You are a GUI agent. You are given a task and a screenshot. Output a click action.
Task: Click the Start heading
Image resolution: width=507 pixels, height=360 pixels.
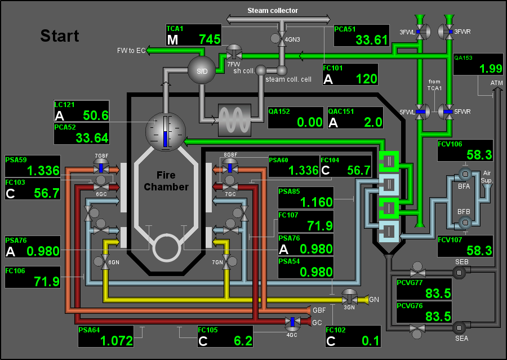pos(60,35)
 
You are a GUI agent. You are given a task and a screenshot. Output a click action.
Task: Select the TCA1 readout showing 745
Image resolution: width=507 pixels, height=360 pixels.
pos(194,35)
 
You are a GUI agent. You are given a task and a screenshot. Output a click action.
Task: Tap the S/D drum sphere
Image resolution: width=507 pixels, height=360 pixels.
pos(202,70)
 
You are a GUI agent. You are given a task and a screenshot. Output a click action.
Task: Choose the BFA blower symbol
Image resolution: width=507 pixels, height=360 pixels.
pos(465,175)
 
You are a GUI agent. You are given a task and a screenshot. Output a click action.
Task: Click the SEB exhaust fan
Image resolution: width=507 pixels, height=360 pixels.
pos(459,273)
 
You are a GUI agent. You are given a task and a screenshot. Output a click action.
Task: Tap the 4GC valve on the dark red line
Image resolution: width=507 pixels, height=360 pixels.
pos(292,322)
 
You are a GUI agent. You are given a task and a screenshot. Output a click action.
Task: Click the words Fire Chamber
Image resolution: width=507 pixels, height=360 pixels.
pos(166,181)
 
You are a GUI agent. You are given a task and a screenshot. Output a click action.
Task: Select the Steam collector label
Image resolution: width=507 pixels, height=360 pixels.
pos(273,10)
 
